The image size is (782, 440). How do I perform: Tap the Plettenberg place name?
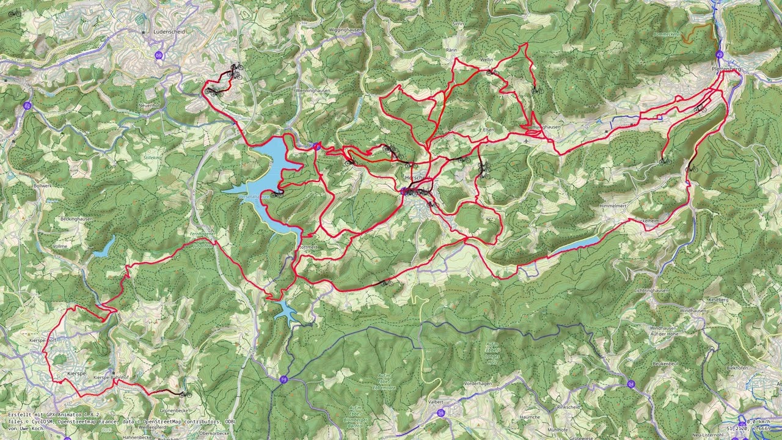pyautogui.click(x=726, y=69)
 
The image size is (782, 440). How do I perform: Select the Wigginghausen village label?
pyautogui.click(x=346, y=29)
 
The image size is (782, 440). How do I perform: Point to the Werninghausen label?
pyautogui.click(x=312, y=90)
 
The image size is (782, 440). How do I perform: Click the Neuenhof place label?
pyautogui.click(x=149, y=106)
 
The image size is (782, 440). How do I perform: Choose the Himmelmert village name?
pyautogui.click(x=613, y=207)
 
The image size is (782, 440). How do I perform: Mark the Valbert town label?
pyautogui.click(x=435, y=402)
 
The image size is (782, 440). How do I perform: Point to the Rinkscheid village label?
pyautogui.click(x=568, y=407)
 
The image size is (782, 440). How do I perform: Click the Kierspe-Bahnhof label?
pyautogui.click(x=111, y=378)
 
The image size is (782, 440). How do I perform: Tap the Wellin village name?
pyautogui.click(x=487, y=60)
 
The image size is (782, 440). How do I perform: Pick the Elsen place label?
pyautogui.click(x=488, y=130)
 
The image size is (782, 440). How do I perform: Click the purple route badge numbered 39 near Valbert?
pyautogui.click(x=441, y=413)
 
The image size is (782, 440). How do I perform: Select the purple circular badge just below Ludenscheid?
pyautogui.click(x=159, y=55)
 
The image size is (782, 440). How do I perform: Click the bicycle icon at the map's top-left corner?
pyautogui.click(x=14, y=13)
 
